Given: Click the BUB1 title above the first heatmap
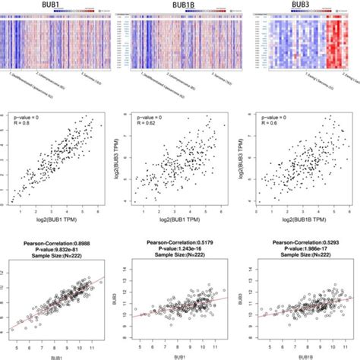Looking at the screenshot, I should (x=49, y=5).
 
